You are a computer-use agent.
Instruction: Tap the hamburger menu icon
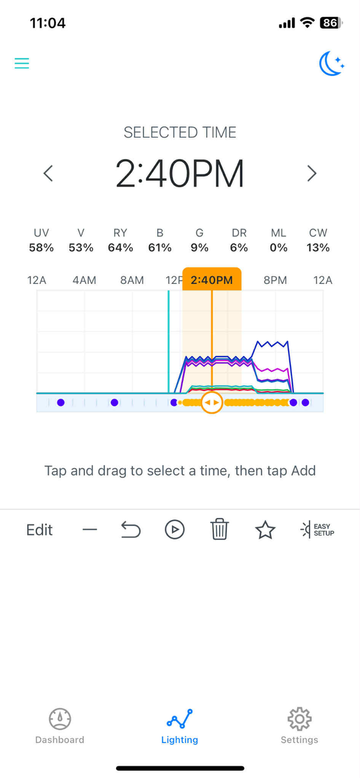click(x=21, y=64)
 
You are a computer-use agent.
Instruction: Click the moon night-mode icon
click(x=331, y=64)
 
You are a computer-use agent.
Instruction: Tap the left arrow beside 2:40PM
click(x=48, y=173)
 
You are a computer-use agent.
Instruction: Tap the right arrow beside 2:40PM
click(x=312, y=173)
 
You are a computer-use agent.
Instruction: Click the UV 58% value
click(x=42, y=248)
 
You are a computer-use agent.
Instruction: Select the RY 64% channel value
click(x=120, y=248)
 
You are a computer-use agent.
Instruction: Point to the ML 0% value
click(x=279, y=248)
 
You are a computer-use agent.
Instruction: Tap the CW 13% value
click(x=318, y=248)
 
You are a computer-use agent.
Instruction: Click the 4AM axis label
click(x=84, y=280)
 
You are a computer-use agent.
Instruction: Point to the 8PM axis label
click(x=275, y=280)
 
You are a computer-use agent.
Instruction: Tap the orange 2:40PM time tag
click(x=211, y=279)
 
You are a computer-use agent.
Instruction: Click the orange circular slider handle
click(x=211, y=403)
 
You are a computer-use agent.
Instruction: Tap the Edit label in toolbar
click(x=40, y=530)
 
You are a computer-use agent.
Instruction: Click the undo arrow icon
click(x=130, y=530)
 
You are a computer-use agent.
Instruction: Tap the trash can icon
click(x=220, y=529)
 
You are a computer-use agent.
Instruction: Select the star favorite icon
click(x=265, y=530)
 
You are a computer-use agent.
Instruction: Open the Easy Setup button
click(x=317, y=530)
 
